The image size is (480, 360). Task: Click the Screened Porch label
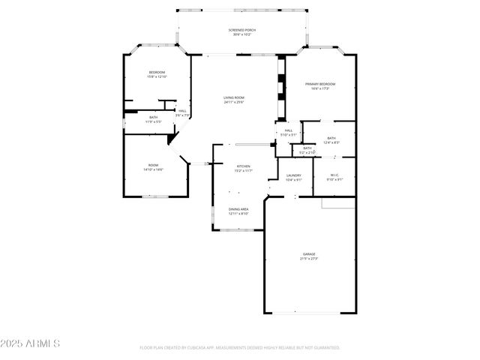(242, 29)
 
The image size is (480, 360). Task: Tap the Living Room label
(234, 97)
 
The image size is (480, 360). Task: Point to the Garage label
(309, 254)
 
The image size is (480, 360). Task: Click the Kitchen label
(244, 166)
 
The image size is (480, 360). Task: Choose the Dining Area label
(238, 209)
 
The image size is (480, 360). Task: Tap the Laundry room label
(293, 175)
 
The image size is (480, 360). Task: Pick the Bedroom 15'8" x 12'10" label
(157, 72)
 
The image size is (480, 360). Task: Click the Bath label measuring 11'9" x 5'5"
(153, 117)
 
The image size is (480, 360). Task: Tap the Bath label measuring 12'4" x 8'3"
(331, 138)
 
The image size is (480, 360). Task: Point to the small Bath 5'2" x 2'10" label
(307, 148)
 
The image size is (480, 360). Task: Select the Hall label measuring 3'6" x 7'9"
(182, 111)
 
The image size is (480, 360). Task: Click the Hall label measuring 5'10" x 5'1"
(289, 130)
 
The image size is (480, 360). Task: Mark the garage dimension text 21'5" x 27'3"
(309, 259)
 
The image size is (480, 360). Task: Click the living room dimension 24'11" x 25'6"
(234, 102)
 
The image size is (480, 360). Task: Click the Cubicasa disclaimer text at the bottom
(240, 347)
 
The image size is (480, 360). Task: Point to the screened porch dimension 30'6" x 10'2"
(242, 34)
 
